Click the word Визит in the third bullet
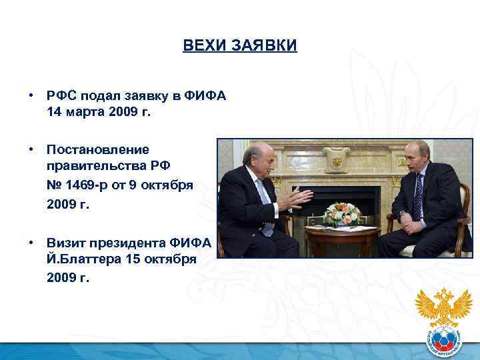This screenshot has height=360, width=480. [65, 242]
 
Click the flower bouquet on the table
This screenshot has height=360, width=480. [342, 213]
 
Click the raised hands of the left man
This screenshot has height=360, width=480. [297, 198]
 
